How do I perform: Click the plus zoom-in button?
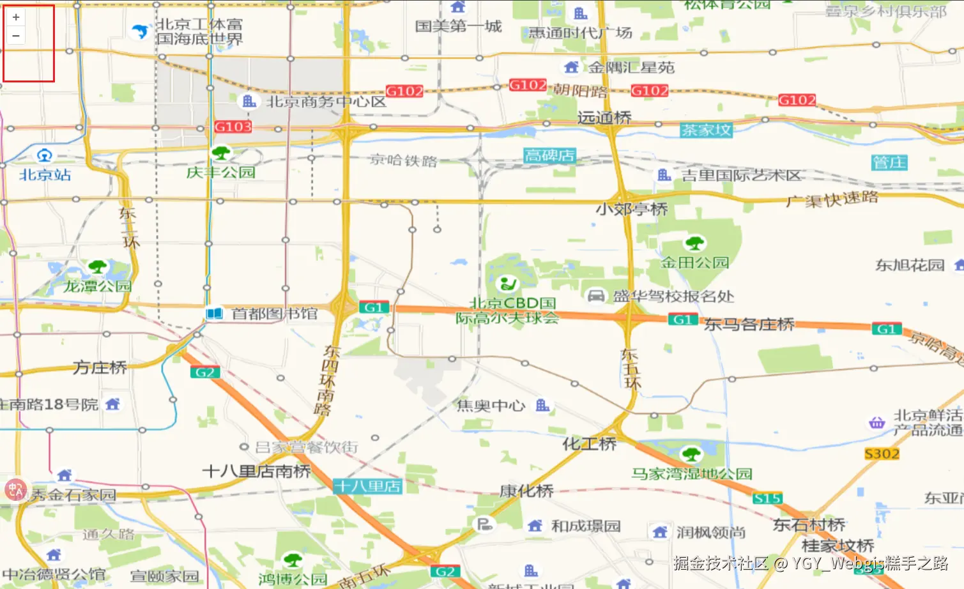(x=16, y=17)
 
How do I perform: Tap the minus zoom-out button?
(x=16, y=36)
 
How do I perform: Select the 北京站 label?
(x=45, y=174)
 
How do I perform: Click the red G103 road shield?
(x=233, y=126)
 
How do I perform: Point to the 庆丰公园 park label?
(x=221, y=172)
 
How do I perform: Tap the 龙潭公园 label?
(x=97, y=286)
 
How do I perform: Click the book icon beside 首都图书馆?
(x=215, y=314)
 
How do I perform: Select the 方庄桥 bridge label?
(x=100, y=367)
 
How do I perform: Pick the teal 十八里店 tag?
(x=367, y=486)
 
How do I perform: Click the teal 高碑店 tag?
(x=549, y=155)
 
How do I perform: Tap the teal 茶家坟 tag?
(x=706, y=130)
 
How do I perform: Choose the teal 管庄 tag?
(x=889, y=162)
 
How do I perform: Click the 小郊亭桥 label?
(x=631, y=209)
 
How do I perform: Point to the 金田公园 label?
(x=695, y=262)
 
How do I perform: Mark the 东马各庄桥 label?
(x=749, y=325)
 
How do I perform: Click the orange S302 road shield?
(x=882, y=454)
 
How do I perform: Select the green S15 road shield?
(x=767, y=498)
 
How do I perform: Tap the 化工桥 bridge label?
(x=589, y=443)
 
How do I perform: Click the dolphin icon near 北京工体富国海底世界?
(x=139, y=31)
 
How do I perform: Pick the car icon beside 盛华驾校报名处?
(x=596, y=295)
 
